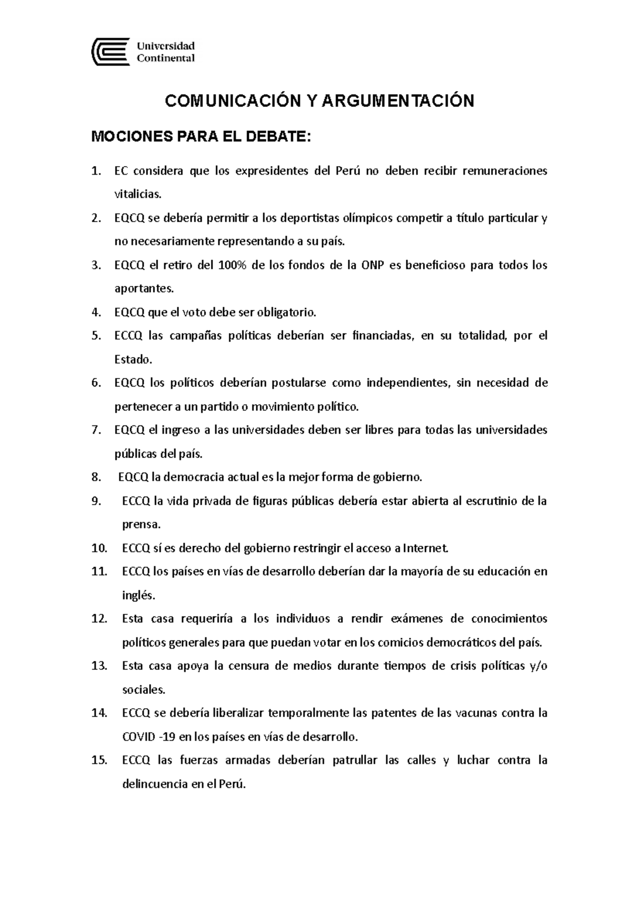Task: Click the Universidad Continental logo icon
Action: coord(111,52)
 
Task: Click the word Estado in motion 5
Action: coord(132,359)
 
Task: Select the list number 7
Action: coord(96,430)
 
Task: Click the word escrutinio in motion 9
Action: coord(493,501)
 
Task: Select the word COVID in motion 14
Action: coord(138,737)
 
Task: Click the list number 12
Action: coord(99,619)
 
